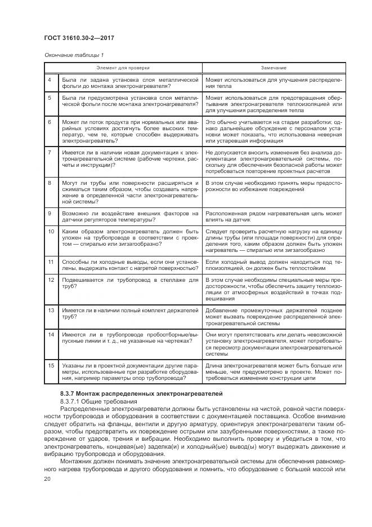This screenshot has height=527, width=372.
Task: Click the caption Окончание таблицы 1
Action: pyautogui.click(x=74, y=55)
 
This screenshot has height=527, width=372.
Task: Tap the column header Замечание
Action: pyautogui.click(x=274, y=68)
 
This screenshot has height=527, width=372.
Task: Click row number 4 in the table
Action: pyautogui.click(x=50, y=80)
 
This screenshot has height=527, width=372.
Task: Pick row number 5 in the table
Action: pyautogui.click(x=50, y=98)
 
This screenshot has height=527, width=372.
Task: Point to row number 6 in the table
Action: pyautogui.click(x=50, y=121)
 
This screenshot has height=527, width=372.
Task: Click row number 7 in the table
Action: pyautogui.click(x=50, y=152)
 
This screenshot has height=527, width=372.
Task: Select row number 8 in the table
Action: pyautogui.click(x=50, y=183)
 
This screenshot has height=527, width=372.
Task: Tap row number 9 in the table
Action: pyautogui.click(x=50, y=214)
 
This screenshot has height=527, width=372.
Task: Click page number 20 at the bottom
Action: pyautogui.click(x=47, y=478)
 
